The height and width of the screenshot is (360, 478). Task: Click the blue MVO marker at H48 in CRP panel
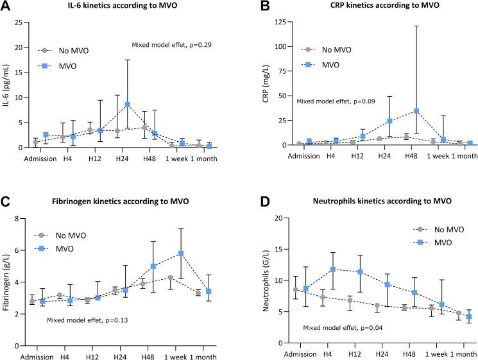tap(417, 111)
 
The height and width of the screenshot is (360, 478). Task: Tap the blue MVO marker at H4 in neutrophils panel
tap(333, 270)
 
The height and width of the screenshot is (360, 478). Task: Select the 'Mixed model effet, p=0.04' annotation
tap(343, 329)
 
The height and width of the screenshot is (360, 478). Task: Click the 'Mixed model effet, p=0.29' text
tap(171, 46)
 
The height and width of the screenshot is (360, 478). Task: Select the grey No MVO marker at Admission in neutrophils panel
tap(295, 289)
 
